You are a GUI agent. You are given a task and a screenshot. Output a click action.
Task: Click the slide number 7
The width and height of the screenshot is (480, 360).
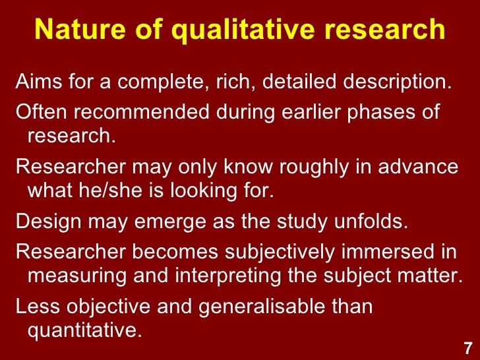point(467,347)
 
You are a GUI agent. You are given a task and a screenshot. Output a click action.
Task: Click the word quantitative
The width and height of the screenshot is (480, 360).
point(84,329)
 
